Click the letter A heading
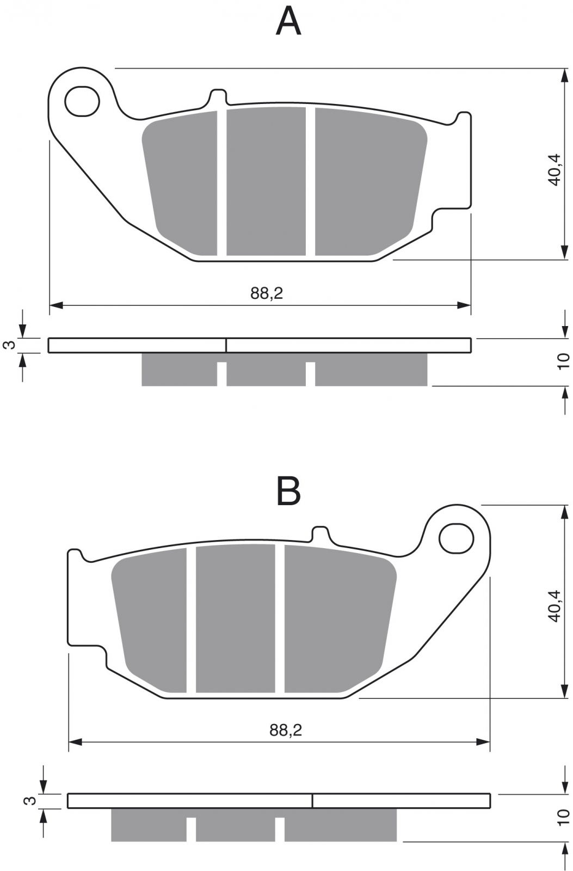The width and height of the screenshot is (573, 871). (x=288, y=22)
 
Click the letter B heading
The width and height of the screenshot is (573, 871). (x=288, y=491)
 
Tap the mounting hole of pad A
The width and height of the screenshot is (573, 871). (x=82, y=101)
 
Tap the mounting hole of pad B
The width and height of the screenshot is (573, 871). (x=456, y=538)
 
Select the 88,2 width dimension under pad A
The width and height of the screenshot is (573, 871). (x=267, y=293)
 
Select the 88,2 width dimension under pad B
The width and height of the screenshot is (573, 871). (x=286, y=730)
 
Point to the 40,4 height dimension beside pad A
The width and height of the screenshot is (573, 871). (x=554, y=169)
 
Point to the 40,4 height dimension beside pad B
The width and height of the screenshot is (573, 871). (x=554, y=606)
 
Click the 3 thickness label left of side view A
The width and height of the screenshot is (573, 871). (x=10, y=345)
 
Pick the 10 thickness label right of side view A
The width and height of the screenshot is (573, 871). (x=563, y=361)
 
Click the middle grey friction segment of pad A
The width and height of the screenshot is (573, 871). (x=266, y=181)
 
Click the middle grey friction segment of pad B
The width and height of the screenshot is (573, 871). (x=236, y=618)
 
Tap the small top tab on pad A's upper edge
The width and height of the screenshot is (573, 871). (x=218, y=96)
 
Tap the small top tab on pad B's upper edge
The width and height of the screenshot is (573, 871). (x=321, y=533)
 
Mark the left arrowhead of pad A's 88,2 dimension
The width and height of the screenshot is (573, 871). (x=57, y=305)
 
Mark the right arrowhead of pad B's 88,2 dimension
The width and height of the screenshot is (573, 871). (x=483, y=743)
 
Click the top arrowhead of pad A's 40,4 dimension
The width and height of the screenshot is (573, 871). (x=564, y=76)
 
